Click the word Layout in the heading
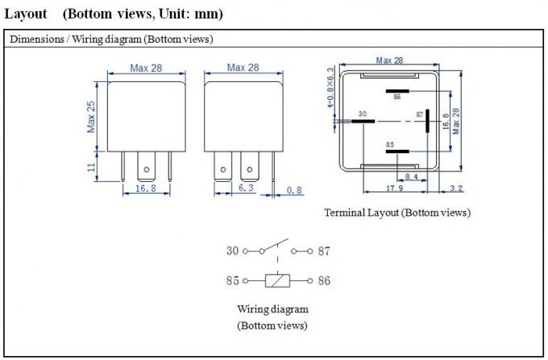point(26,14)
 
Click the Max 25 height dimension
point(91,117)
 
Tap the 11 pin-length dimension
point(92,167)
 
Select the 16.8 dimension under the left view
point(146,188)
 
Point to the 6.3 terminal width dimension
point(246,188)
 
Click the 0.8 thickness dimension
point(294,190)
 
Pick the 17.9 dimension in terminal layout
point(395,188)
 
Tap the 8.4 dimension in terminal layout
point(412,176)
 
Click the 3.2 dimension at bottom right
point(456,188)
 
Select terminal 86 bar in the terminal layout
point(397,91)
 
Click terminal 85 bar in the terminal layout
point(397,151)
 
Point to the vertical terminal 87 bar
point(427,121)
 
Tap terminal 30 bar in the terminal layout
point(363,121)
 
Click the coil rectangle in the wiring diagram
point(277,281)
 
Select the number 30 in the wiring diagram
point(232,250)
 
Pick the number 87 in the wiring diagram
point(324,251)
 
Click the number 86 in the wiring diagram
point(324,281)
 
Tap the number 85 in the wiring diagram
point(232,281)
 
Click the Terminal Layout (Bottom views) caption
point(397,213)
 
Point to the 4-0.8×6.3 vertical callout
point(330,87)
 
